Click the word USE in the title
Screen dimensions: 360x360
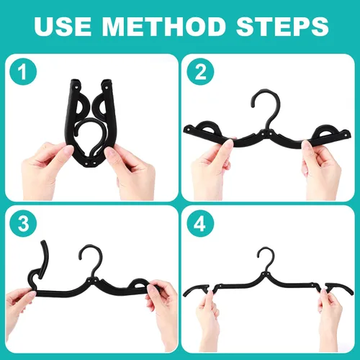coord(63,26)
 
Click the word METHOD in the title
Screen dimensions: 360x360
coord(163,26)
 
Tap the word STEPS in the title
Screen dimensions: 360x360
coord(282,26)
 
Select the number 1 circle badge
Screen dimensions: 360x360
coord(23,72)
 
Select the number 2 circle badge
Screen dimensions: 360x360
coord(200,72)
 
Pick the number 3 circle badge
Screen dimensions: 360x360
coord(23,224)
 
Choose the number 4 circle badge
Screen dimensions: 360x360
coord(200,224)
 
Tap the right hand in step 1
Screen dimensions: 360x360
coord(132,173)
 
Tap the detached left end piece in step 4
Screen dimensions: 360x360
coord(195,290)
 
